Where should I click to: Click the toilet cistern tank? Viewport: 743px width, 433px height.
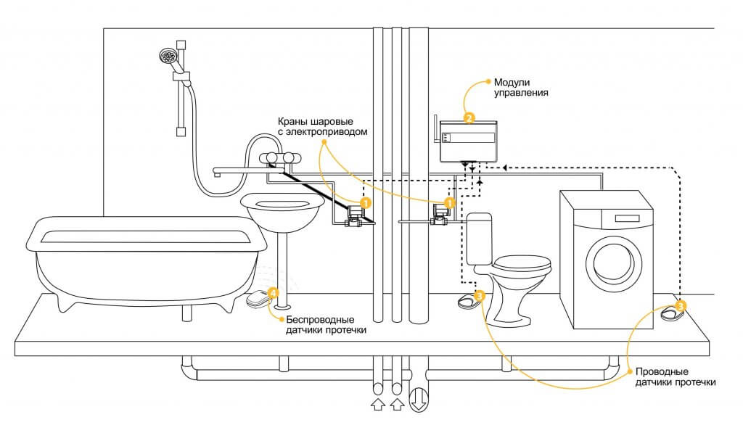tap(480, 239)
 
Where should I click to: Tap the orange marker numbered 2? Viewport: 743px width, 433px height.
tap(469, 117)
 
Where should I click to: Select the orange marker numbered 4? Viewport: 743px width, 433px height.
tap(273, 293)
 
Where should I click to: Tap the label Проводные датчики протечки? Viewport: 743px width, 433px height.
tap(676, 376)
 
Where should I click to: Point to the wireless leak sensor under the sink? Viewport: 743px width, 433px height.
tap(257, 299)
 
